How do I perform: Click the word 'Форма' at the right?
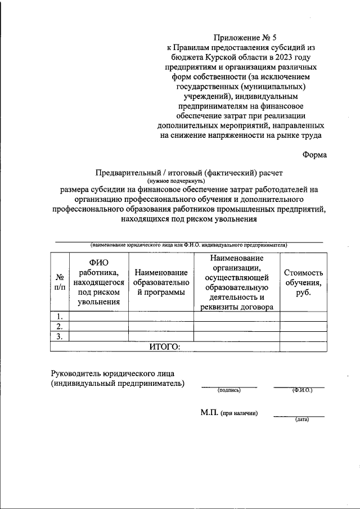(314, 155)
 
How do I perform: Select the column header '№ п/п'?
(59, 282)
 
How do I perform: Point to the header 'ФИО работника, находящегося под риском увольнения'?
(98, 282)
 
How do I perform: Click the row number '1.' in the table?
(59, 316)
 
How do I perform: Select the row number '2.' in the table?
(59, 326)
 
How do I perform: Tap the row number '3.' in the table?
(59, 336)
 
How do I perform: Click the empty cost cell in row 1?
(303, 316)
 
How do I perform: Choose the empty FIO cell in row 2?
(98, 326)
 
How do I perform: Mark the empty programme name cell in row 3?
(161, 336)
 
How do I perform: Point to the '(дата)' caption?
(301, 420)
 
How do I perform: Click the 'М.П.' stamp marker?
(210, 413)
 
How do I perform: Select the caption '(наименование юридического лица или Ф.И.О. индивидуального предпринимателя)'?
(189, 245)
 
